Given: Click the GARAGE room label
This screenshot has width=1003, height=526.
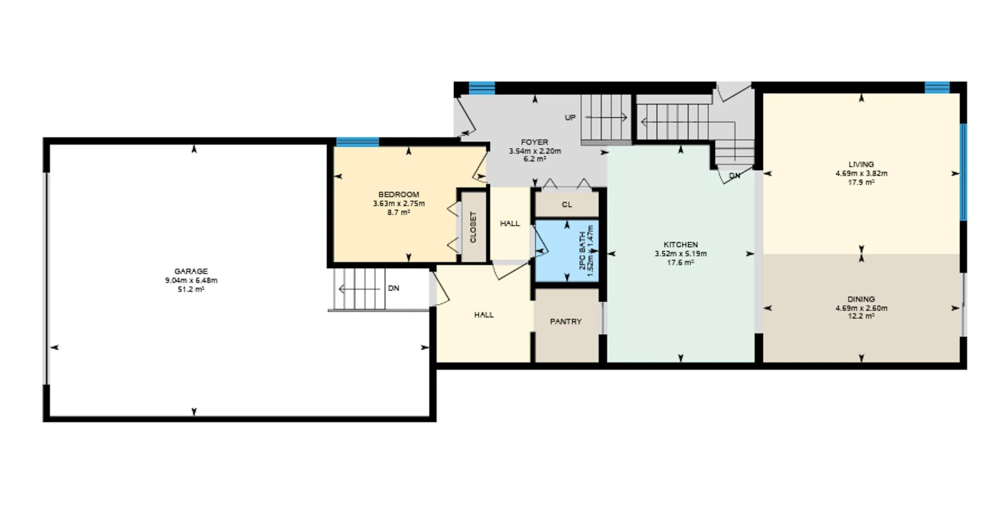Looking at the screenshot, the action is tap(191, 271).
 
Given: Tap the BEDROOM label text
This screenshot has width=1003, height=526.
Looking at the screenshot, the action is tap(399, 194).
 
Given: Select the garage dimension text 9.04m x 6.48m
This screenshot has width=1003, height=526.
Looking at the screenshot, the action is tap(191, 280).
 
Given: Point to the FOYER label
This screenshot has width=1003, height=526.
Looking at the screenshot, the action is tap(535, 142).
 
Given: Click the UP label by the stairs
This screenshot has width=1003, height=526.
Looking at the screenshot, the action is tap(570, 117).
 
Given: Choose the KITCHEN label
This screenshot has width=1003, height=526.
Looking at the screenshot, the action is tap(681, 245).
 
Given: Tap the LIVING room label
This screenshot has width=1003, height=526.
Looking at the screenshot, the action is tap(861, 164).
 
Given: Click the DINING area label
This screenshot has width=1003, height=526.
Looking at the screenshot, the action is tap(861, 299).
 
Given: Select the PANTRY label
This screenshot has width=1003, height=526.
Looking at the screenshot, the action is tap(566, 321).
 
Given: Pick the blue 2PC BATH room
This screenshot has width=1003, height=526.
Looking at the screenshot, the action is tap(567, 251).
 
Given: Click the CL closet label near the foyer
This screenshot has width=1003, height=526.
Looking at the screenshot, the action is tap(567, 205).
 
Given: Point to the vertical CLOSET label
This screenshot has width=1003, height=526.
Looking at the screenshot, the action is tap(473, 227).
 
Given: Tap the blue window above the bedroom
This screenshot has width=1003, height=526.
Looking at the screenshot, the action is tap(357, 142).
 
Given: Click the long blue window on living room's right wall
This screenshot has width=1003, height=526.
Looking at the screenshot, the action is tap(963, 172).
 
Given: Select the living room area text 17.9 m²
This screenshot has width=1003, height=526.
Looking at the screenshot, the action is tap(861, 182).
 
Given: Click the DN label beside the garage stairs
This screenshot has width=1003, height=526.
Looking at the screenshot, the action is tap(394, 288).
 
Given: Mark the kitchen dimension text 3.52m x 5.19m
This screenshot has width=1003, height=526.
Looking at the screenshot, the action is tap(681, 254).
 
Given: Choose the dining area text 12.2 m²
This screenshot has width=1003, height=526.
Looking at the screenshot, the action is tap(861, 316).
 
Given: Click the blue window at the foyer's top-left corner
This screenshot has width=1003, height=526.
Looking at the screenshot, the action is tap(482, 88).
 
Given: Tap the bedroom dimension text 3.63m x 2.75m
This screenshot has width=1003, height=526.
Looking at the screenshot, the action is tap(399, 203).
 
